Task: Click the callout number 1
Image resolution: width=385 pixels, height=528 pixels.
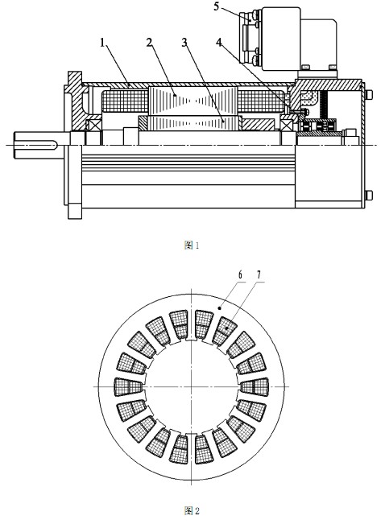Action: tap(103, 43)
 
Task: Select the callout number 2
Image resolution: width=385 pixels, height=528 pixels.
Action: tap(150, 43)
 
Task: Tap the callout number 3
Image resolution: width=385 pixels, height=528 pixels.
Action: tap(184, 43)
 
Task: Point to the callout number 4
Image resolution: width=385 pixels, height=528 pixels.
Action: tap(219, 43)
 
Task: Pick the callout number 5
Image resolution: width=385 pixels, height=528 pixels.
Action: tap(217, 6)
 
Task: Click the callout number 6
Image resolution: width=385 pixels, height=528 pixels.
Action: tap(239, 275)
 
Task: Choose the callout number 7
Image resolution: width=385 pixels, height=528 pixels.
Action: tap(259, 275)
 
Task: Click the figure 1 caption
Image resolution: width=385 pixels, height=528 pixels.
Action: tap(192, 245)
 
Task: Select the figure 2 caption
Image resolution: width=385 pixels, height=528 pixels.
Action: tap(192, 511)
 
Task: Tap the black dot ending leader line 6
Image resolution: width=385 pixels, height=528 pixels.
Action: tap(220, 307)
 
